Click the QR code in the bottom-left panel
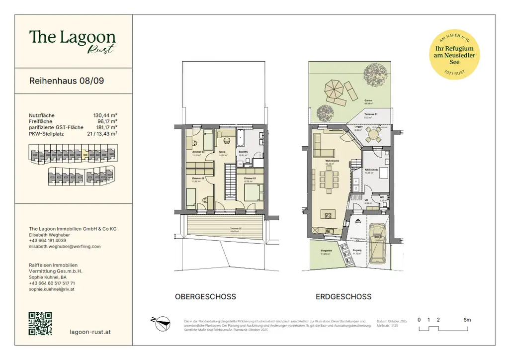pos(40,323)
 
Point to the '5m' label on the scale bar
pos(467,320)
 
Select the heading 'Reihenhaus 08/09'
pos(67,81)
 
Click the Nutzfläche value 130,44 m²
pos(105,115)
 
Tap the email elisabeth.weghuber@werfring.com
pos(65,246)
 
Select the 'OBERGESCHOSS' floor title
pos(205,297)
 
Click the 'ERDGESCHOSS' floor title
pos(343,297)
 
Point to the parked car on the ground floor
pos(379,242)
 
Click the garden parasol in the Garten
pos(334,90)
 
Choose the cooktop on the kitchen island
pos(328,215)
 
